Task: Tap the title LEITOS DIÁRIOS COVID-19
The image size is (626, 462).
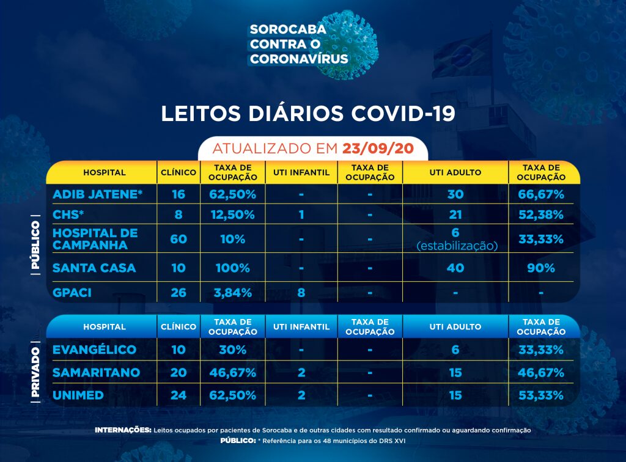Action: (x=308, y=114)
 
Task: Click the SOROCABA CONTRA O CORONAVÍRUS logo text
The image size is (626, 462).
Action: (x=299, y=44)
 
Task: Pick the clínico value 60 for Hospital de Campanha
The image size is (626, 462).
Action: (x=179, y=239)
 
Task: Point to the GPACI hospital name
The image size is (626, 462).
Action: (x=72, y=293)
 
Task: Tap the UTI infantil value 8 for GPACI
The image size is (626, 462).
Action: (x=301, y=293)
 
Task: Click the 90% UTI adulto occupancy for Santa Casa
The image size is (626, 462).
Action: (x=540, y=268)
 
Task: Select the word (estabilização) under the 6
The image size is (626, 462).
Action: (x=455, y=245)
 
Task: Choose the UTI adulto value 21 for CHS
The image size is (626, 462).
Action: (x=455, y=215)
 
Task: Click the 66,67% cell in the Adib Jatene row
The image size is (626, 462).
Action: (x=540, y=194)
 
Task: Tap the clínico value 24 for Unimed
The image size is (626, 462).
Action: (x=179, y=395)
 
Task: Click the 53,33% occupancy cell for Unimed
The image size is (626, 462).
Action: (x=540, y=395)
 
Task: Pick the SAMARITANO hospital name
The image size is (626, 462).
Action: (x=97, y=373)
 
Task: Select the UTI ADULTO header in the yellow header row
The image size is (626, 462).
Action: (x=455, y=173)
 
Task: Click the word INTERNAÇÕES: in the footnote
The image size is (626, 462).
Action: (x=123, y=430)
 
